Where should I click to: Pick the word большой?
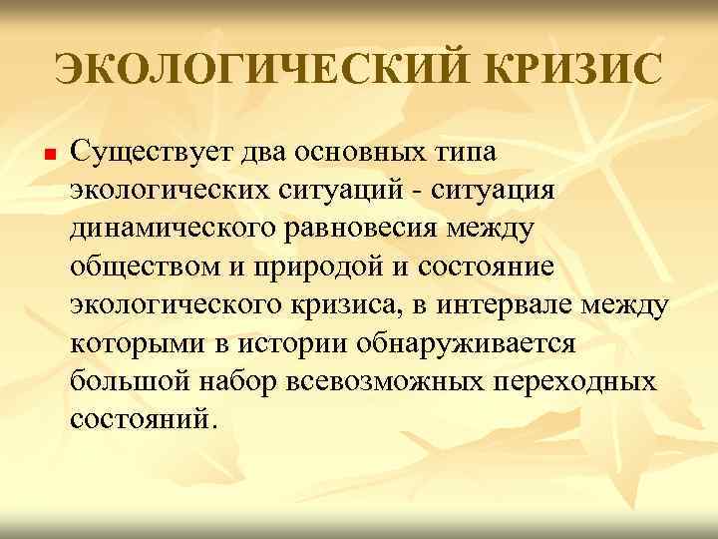128,380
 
